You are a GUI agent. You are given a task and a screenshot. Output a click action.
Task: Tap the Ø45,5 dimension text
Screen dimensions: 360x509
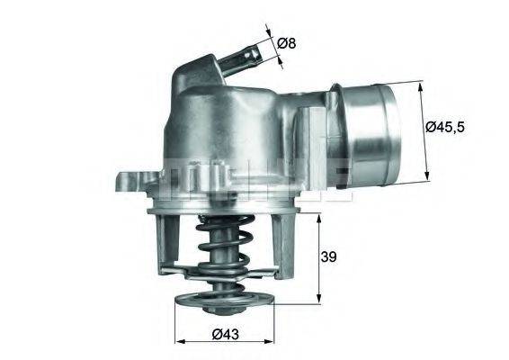444,127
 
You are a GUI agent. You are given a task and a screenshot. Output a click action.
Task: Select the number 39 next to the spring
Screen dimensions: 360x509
329,257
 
